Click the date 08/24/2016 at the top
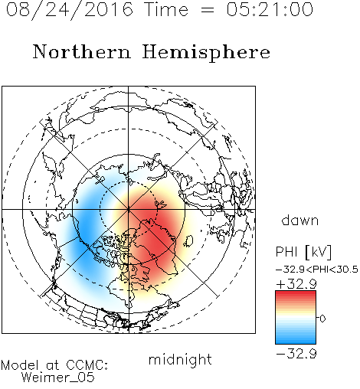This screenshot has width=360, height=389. [x=70, y=10]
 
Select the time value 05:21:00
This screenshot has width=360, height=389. [x=270, y=9]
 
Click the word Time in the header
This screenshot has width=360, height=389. [x=166, y=9]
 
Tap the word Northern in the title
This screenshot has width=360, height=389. [x=82, y=51]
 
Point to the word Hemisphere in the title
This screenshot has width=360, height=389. [x=206, y=53]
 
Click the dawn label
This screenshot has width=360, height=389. [x=300, y=220]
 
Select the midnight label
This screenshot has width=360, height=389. [x=180, y=359]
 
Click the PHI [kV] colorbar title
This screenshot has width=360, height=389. [x=303, y=252]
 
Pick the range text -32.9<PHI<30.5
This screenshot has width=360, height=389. [x=317, y=270]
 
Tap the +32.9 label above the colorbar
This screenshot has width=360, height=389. [x=296, y=284]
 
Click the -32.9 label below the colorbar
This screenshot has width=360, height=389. [x=296, y=354]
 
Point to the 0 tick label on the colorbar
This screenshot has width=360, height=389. [x=322, y=319]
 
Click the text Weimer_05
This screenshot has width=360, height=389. [x=58, y=378]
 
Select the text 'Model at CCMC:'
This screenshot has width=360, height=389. [x=54, y=365]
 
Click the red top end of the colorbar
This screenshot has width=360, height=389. [x=296, y=293]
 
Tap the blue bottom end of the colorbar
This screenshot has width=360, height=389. [x=296, y=342]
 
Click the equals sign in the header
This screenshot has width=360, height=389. [x=207, y=11]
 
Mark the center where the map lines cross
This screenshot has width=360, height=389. [x=129, y=209]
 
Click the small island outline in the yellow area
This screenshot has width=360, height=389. [x=188, y=241]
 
